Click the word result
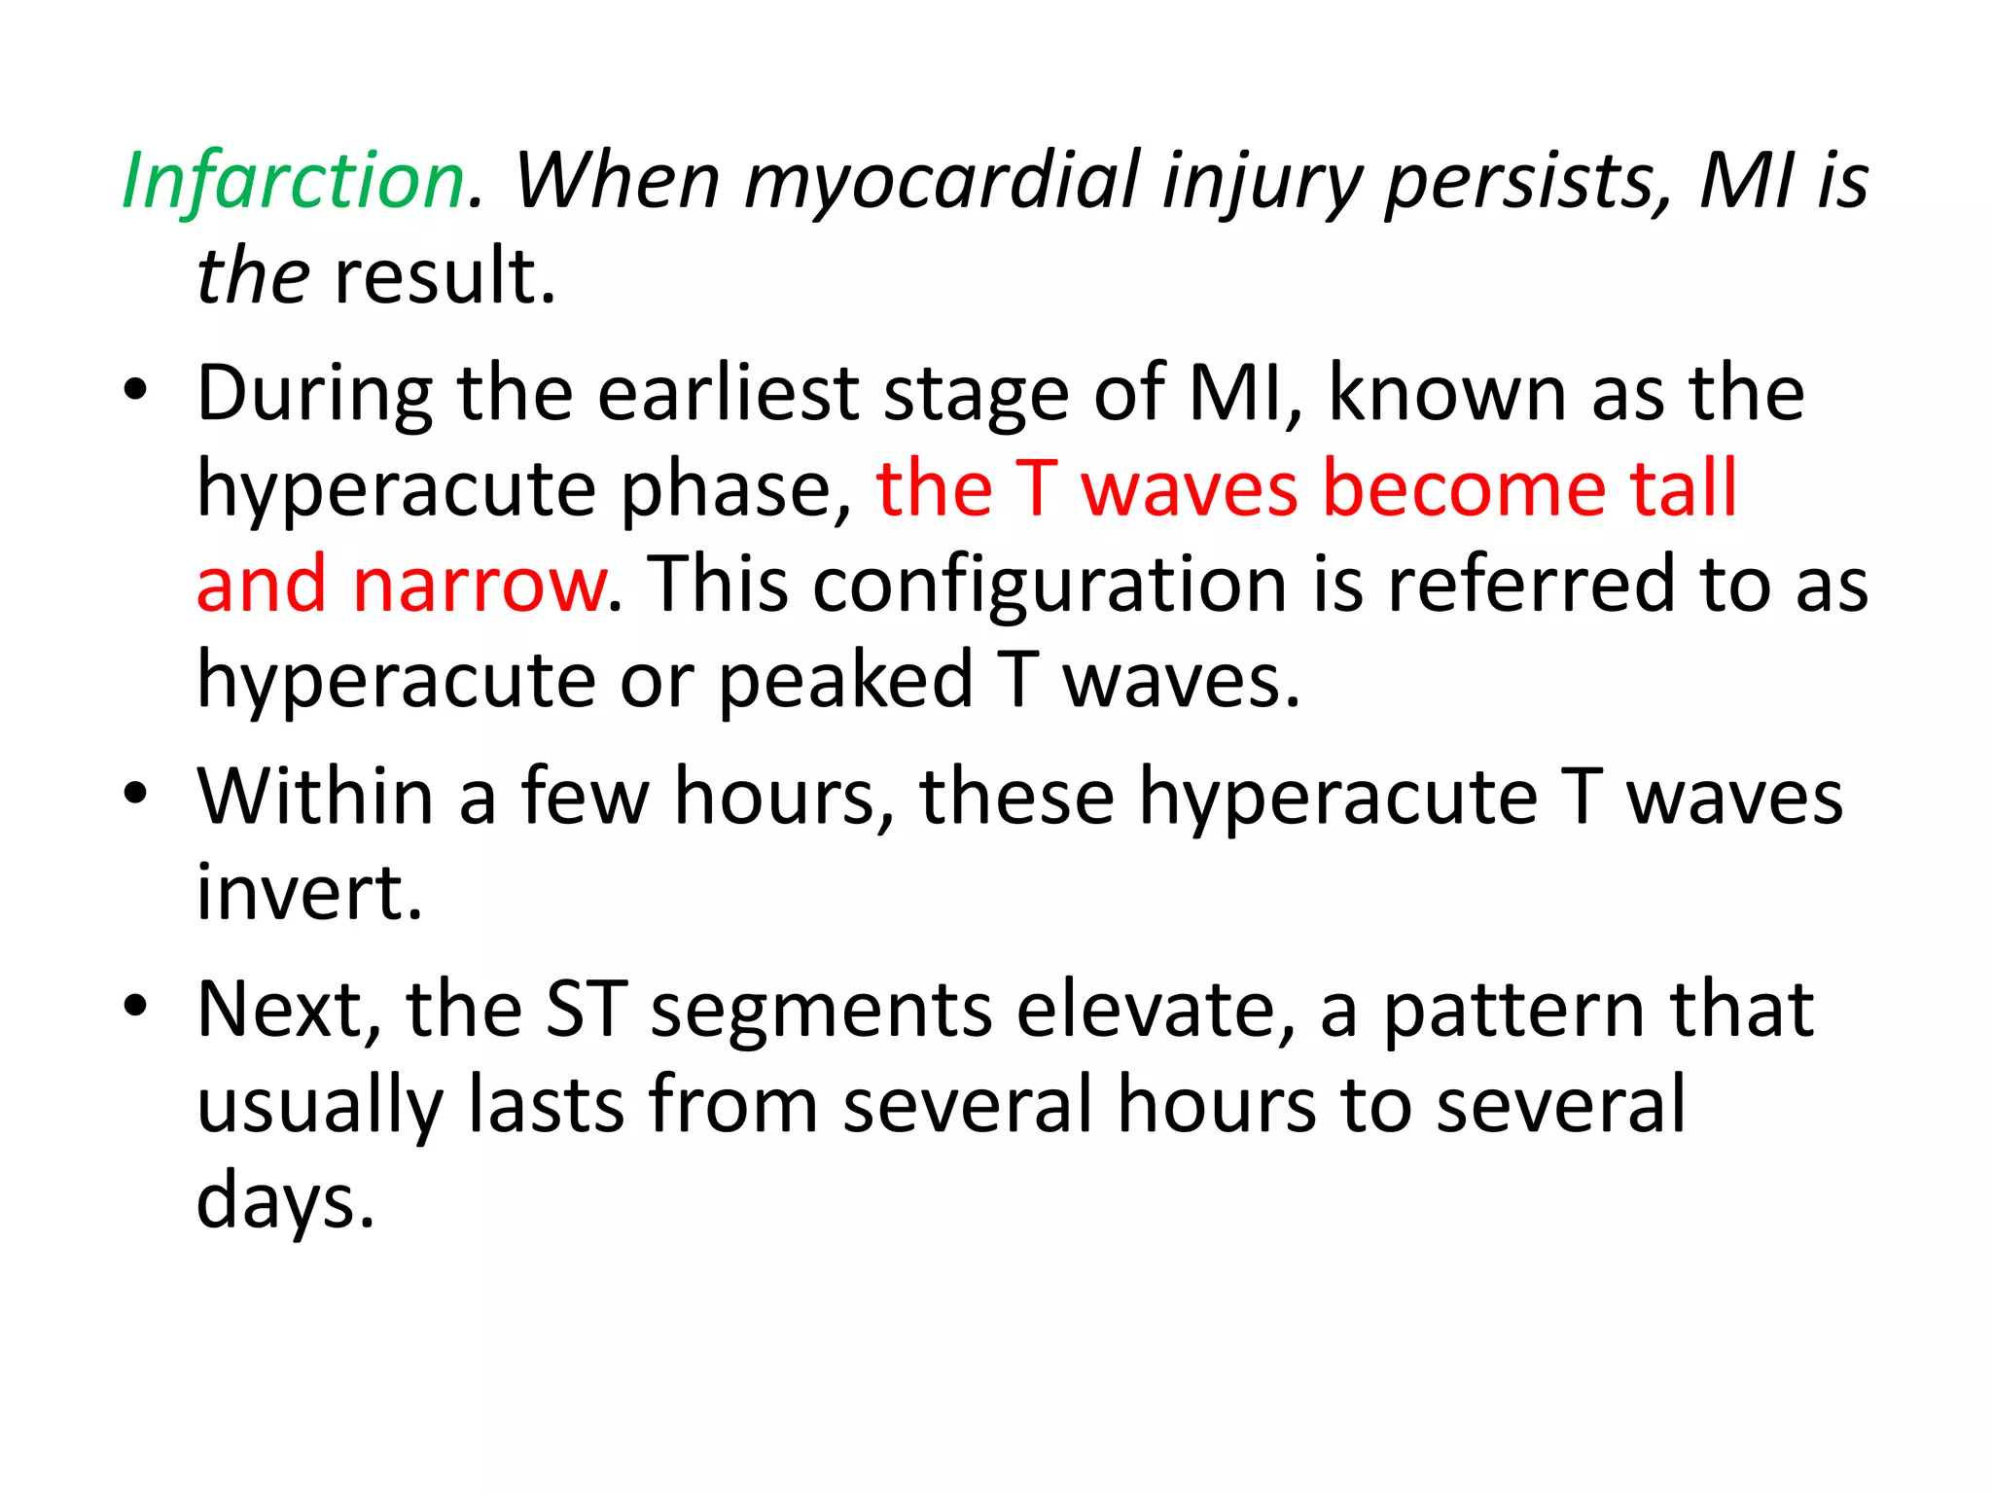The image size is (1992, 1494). click(445, 277)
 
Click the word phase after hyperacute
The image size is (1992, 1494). click(735, 489)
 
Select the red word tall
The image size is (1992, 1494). click(1684, 489)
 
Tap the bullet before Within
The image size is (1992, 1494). click(135, 795)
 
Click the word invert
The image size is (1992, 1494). click(309, 892)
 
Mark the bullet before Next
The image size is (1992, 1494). click(135, 1007)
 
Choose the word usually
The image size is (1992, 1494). click(319, 1106)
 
